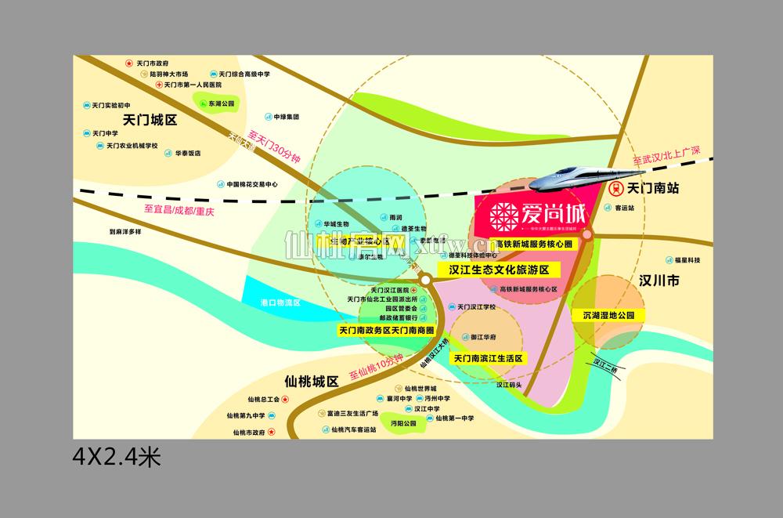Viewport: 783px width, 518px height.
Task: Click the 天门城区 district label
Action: point(151,120)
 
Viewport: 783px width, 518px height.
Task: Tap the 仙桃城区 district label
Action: point(312,382)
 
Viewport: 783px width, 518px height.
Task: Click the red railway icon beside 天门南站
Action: point(616,189)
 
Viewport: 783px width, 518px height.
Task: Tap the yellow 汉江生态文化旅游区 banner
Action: point(499,269)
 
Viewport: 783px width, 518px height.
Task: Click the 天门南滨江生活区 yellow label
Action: point(488,357)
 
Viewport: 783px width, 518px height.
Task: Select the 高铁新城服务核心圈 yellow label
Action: point(529,244)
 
